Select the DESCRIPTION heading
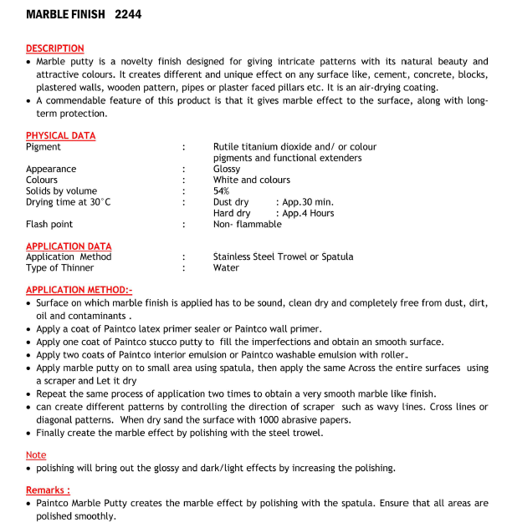tap(54, 48)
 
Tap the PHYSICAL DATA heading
tap(60, 135)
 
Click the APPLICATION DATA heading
tap(68, 246)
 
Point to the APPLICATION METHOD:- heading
tap(79, 290)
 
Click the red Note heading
tap(35, 454)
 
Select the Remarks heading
tap(48, 490)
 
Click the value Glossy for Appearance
tap(227, 169)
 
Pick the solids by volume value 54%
tap(221, 191)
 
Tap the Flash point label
tap(49, 224)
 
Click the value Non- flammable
tap(247, 224)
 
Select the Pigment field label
tap(43, 147)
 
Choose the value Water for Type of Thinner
tap(226, 268)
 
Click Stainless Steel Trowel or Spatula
tap(283, 257)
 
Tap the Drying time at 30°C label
tap(68, 202)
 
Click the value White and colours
tap(251, 180)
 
